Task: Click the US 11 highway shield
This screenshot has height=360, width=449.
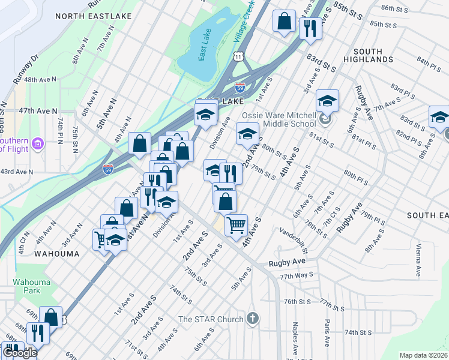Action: point(239,56)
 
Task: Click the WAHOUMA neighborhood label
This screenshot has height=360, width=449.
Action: point(56,254)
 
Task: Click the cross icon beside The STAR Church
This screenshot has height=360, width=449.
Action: point(253,319)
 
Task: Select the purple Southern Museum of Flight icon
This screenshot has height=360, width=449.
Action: point(38,143)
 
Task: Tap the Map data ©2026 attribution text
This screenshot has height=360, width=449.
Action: point(423,355)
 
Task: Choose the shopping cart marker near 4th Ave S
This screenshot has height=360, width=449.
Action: point(237,226)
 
